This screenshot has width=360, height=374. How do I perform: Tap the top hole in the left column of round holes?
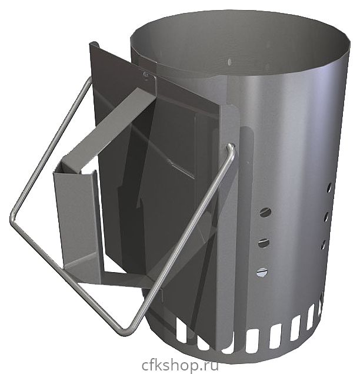[x=265, y=212]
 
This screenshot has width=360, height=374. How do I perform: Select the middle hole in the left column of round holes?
[x=264, y=243]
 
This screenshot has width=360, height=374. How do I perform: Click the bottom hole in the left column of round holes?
[x=262, y=273]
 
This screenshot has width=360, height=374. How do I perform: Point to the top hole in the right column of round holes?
[x=329, y=187]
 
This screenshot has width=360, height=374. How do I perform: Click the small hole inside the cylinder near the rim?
[x=229, y=61]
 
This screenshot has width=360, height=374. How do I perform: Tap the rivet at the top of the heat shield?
[x=146, y=75]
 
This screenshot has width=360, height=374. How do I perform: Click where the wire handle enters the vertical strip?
[x=231, y=145]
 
